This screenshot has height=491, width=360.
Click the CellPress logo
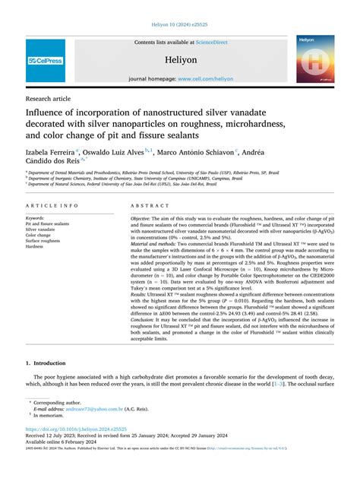point(45,60)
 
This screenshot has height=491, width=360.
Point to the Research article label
point(48,99)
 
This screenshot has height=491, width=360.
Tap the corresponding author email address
point(91,429)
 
